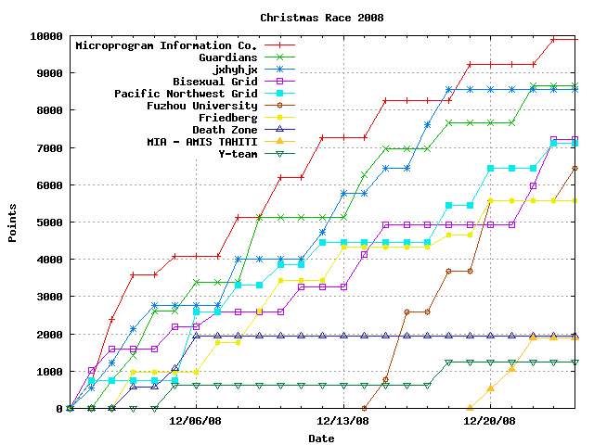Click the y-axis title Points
point(13,222)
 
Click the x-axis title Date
point(321,439)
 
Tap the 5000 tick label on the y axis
point(49,222)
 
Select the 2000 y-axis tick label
point(49,334)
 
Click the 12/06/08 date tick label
point(196,420)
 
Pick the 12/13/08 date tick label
point(342,420)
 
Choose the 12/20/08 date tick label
point(489,420)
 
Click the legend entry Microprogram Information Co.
point(166,45)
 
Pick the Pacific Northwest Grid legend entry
point(186,94)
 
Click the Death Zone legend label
point(226,130)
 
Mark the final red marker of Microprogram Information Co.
point(575,40)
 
